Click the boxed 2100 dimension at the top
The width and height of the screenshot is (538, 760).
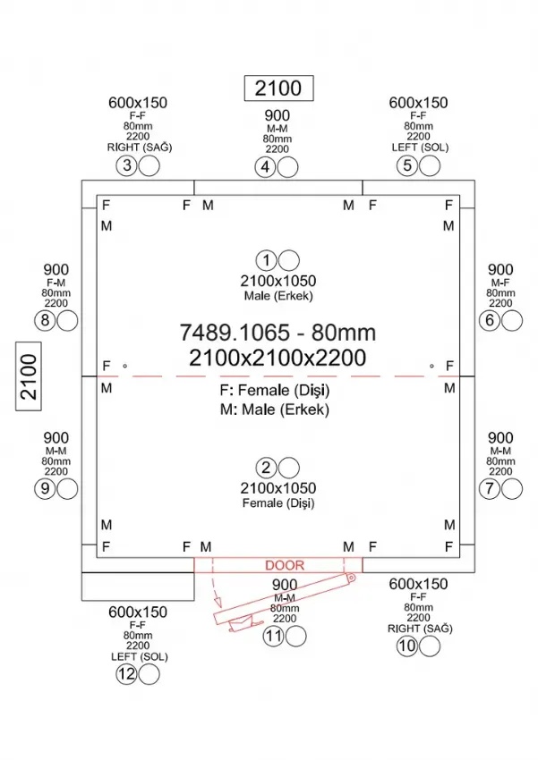(279, 89)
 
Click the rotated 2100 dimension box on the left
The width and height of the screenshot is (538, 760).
(29, 376)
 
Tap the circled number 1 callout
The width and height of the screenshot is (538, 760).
(267, 260)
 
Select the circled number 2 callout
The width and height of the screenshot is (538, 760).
(267, 468)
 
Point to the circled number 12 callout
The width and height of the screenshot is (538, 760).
(126, 674)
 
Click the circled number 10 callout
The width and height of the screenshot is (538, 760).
(407, 646)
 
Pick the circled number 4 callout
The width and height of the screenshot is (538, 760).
(265, 167)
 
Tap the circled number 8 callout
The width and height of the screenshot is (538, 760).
(45, 320)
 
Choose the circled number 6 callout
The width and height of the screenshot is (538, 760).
(490, 320)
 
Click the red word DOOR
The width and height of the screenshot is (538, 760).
(285, 565)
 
